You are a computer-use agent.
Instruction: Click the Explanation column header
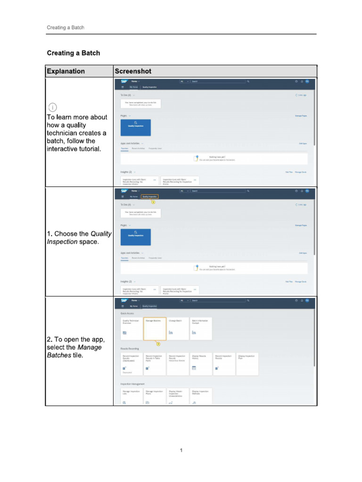click(66, 71)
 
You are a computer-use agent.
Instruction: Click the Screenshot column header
click(132, 71)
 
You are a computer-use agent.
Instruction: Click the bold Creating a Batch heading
click(73, 53)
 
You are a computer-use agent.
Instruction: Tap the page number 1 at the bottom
click(181, 450)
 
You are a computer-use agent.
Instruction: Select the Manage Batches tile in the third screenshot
click(155, 328)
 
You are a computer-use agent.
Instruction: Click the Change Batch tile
click(178, 328)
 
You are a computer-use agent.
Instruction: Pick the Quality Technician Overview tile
click(132, 328)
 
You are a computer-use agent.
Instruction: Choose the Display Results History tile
click(201, 364)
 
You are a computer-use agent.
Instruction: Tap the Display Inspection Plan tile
click(247, 364)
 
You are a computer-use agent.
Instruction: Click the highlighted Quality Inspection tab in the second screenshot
click(150, 196)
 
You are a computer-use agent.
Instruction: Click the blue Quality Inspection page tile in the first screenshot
click(136, 128)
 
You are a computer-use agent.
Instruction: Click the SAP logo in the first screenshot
click(124, 81)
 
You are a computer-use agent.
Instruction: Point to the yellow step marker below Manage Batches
click(158, 344)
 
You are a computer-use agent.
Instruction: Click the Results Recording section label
click(129, 348)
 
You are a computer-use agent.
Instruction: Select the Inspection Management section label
click(132, 384)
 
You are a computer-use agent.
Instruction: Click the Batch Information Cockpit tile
click(201, 328)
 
